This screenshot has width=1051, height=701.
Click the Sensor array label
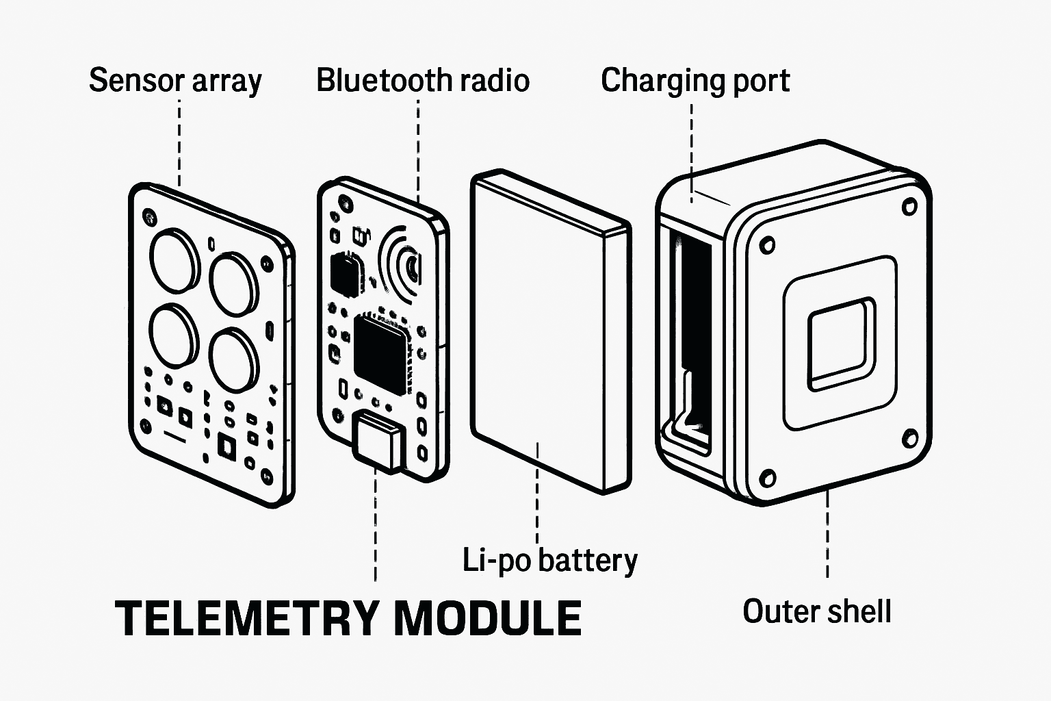(x=175, y=81)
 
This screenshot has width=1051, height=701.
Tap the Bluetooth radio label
(x=422, y=81)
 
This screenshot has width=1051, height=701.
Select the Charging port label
(x=695, y=81)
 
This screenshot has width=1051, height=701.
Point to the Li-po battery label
(x=549, y=560)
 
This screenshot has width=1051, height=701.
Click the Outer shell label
(x=816, y=611)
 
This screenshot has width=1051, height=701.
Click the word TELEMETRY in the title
(x=246, y=618)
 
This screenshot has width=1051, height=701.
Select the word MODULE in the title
(x=488, y=618)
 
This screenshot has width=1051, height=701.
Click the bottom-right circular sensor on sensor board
(x=234, y=359)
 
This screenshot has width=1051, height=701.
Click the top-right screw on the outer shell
(x=909, y=206)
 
